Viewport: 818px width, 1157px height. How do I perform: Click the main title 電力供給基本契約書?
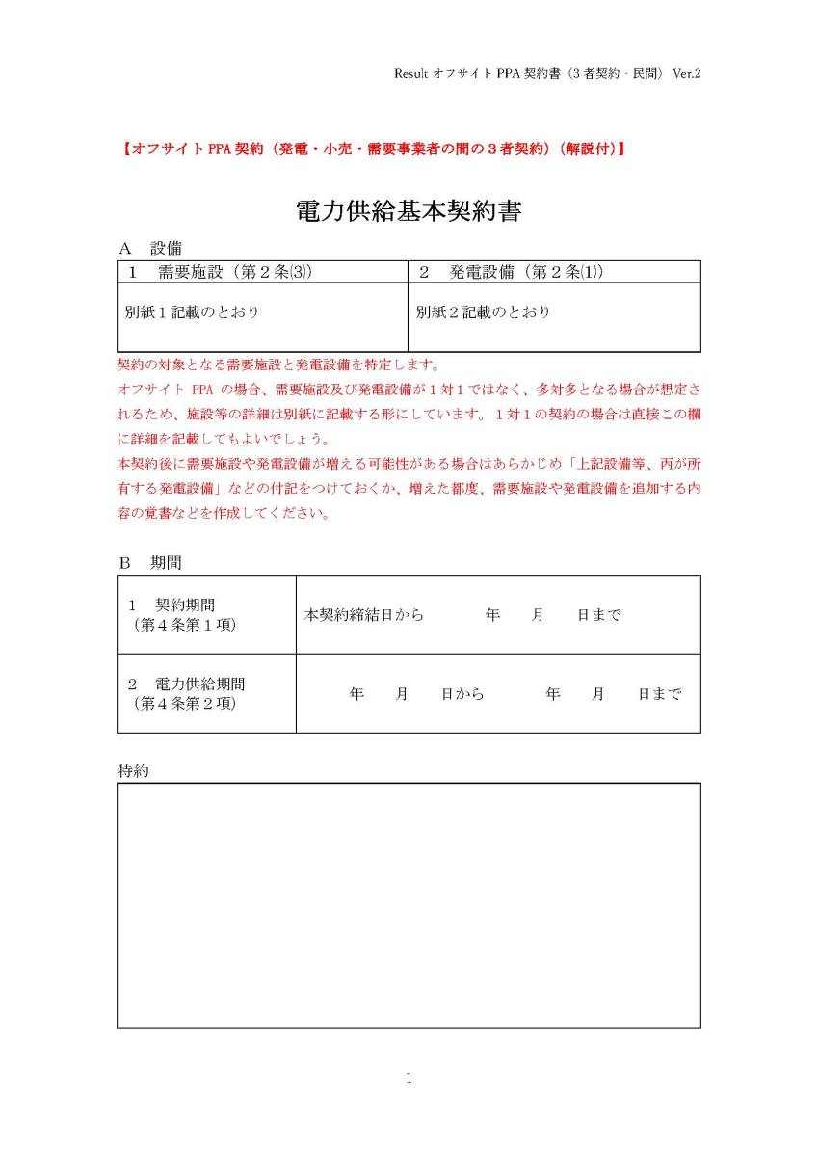coord(409,211)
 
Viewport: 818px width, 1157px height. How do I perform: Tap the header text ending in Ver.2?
coord(546,73)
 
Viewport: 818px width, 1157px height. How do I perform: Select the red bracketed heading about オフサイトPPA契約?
coord(374,149)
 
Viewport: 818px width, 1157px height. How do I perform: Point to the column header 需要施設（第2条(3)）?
coord(222,272)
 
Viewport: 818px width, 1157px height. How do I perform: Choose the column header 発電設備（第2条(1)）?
coord(513,272)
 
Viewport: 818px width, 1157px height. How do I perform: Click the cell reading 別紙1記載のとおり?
coord(192,312)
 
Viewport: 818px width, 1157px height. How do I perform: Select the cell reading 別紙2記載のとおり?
coord(483,312)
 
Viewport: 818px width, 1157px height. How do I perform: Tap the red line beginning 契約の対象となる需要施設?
coord(278,365)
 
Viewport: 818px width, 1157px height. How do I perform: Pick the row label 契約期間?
coord(184,605)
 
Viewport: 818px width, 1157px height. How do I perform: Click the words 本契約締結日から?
coord(364,615)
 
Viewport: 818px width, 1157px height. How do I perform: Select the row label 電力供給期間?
coord(199,684)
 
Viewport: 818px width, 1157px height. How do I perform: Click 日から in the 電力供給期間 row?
coord(462,694)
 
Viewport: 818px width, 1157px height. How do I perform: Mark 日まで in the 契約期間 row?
coord(598,615)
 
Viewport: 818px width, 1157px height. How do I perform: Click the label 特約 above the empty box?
coord(133,771)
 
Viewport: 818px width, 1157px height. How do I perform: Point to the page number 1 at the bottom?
coord(409,1078)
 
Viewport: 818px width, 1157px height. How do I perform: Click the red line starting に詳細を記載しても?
coord(236,440)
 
